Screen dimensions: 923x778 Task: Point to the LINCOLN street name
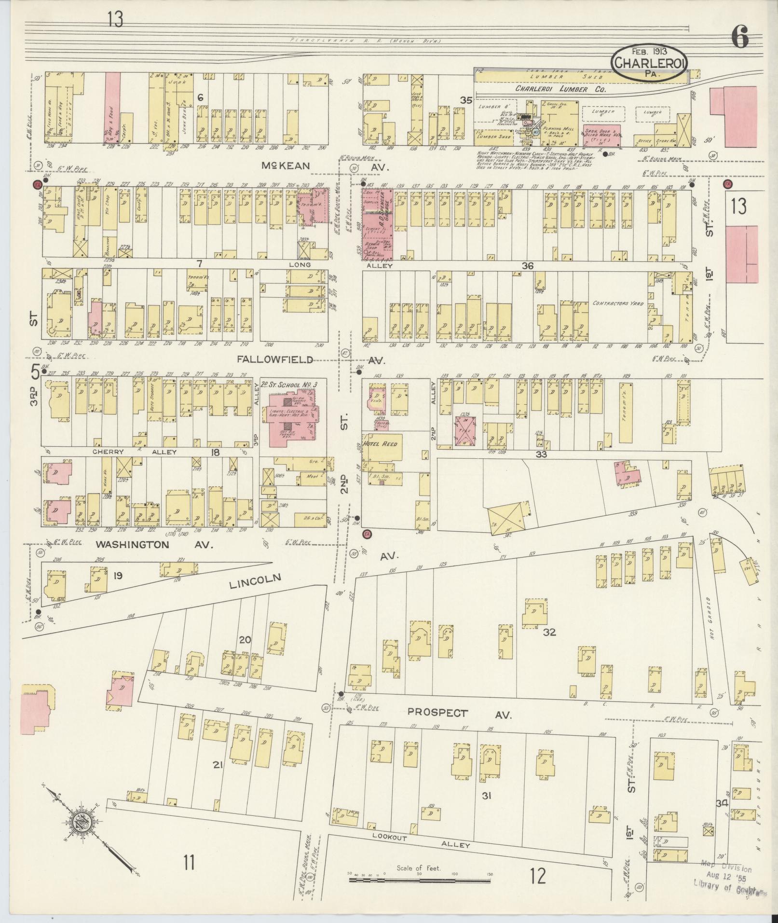click(x=254, y=580)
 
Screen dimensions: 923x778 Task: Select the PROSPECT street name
click(x=437, y=712)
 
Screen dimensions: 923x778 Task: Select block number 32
click(x=549, y=632)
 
